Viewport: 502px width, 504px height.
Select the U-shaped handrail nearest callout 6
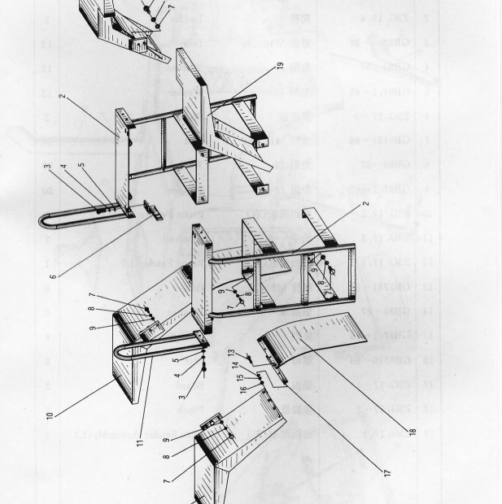pos(61,213)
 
